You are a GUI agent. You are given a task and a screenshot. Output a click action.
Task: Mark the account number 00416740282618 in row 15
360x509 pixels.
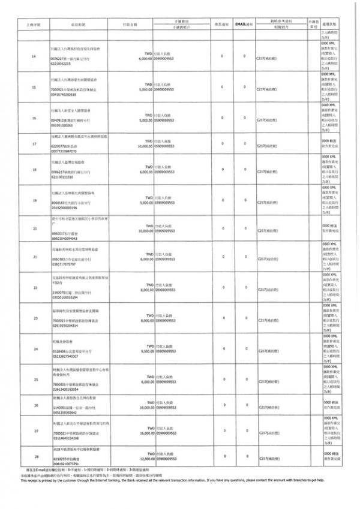(64, 95)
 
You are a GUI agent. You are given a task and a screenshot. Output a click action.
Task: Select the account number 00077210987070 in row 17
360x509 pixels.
(64, 152)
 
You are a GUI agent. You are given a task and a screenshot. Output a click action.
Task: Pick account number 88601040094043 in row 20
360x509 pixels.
(64, 238)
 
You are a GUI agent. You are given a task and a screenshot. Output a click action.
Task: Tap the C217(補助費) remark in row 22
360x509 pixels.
(268, 290)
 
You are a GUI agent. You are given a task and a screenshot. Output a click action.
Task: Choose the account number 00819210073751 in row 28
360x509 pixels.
(64, 464)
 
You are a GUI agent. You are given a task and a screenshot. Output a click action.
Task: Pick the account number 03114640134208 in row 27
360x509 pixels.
(64, 438)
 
